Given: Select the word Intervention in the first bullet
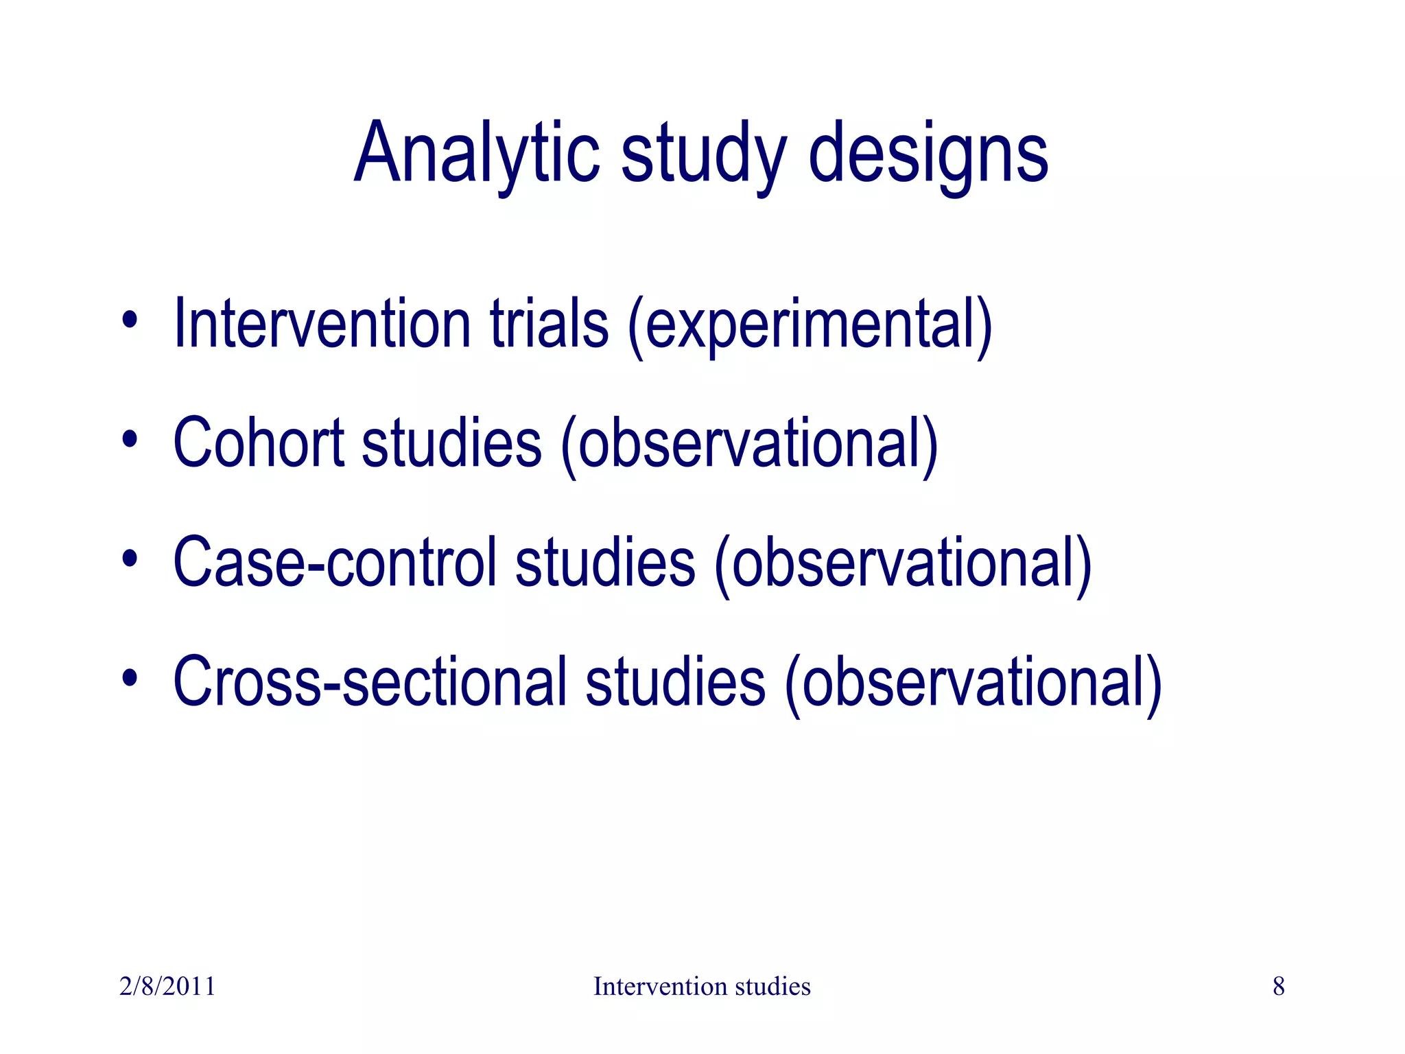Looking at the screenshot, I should point(322,324).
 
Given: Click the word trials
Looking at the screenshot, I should point(549,324).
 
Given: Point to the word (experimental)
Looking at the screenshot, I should point(810,324).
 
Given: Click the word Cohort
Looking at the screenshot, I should point(259,443).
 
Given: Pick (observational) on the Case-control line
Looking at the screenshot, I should point(903,563).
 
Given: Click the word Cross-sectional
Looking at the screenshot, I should point(370,682).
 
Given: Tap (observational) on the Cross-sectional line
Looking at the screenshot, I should point(973,682).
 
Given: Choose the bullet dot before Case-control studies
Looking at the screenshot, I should point(130,559).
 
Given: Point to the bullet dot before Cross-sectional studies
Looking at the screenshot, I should point(130,678).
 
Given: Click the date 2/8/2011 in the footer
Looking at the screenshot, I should point(167,986).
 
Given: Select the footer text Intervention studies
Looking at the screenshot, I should point(702,986).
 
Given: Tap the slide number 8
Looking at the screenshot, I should point(1278,986).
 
